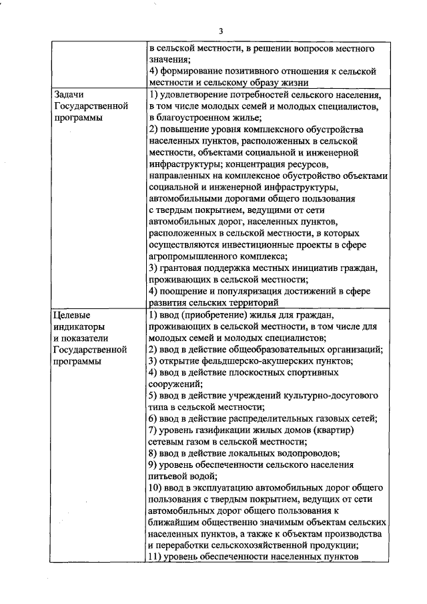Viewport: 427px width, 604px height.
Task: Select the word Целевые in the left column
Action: coord(71,314)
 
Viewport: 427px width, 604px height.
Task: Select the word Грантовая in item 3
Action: coord(185,268)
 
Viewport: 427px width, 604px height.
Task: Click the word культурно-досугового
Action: coord(322,396)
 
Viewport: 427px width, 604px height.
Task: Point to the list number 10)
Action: coord(154,489)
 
